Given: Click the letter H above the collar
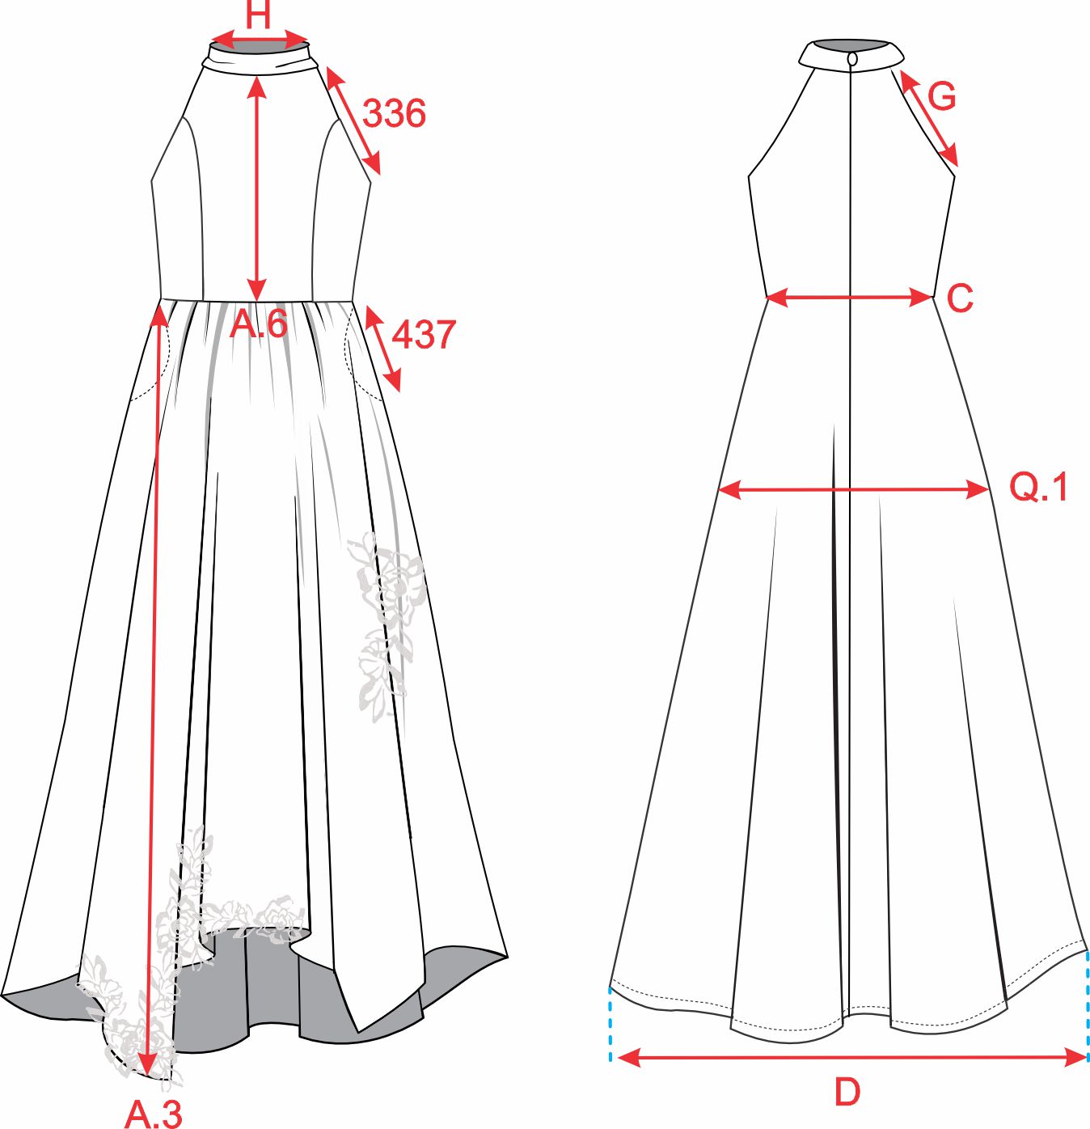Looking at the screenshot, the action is click(259, 15).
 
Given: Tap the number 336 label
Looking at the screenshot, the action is click(395, 113).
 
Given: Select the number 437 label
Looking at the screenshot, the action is click(424, 335).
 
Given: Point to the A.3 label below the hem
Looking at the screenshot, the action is click(154, 1113).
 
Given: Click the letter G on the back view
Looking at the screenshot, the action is click(941, 95).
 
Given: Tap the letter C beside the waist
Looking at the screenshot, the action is click(960, 298).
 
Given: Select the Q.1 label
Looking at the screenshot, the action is click(1038, 487).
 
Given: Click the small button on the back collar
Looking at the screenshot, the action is click(852, 59).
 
